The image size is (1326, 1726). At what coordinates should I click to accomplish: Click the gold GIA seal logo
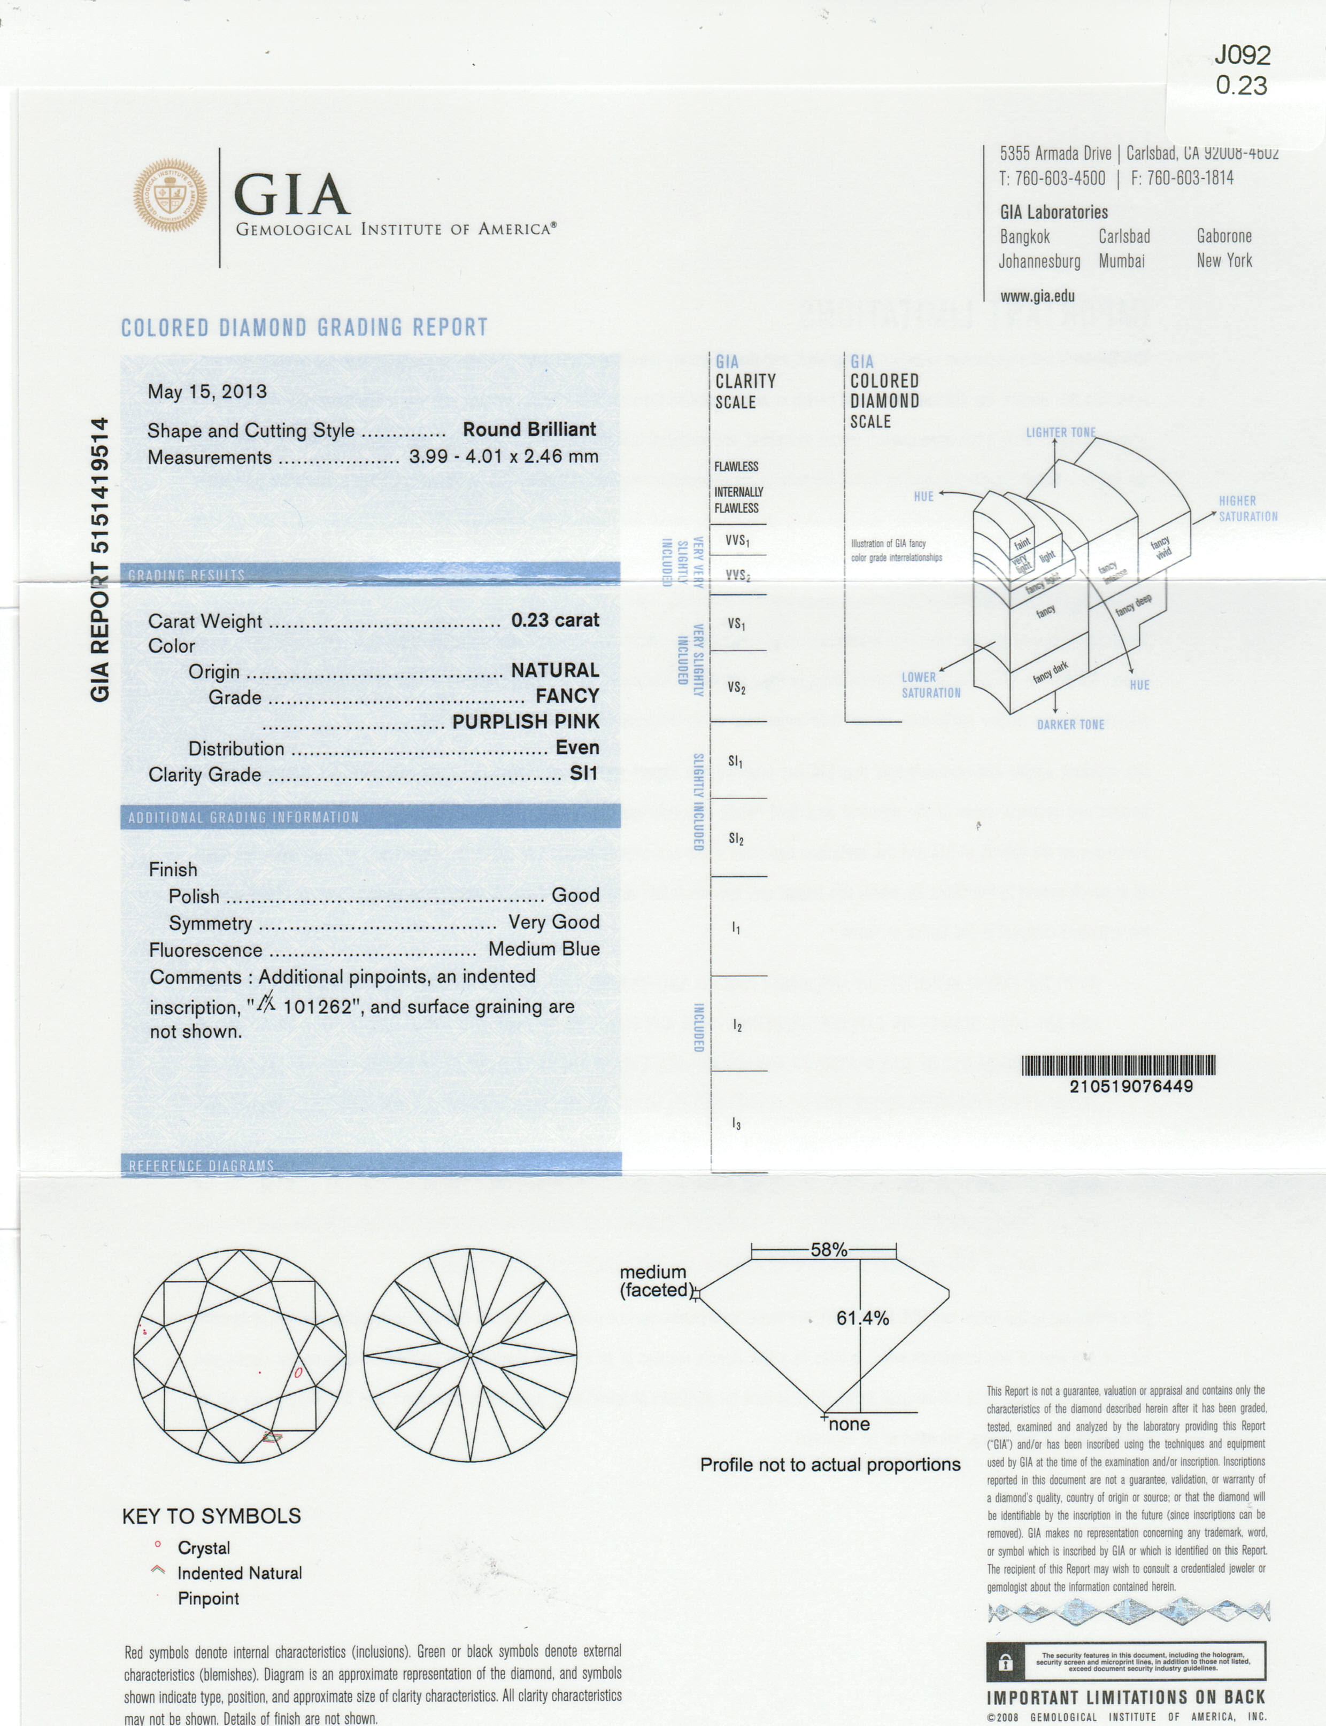point(169,195)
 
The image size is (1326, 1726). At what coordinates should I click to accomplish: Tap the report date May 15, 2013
point(207,391)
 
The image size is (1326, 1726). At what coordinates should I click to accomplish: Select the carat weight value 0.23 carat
point(555,620)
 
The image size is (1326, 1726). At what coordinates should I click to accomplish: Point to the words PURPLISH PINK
point(526,721)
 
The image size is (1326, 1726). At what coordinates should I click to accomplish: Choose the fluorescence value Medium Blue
point(544,948)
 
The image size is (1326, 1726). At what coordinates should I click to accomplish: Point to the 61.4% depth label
point(862,1318)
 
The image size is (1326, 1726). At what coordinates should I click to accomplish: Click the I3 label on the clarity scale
point(736,1124)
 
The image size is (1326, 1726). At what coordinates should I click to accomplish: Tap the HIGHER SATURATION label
point(1247,509)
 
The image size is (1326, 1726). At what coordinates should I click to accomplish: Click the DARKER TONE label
point(1070,724)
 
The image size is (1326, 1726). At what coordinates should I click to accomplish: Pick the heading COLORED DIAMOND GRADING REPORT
point(305,327)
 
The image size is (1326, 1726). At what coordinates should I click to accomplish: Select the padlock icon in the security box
point(1005,1663)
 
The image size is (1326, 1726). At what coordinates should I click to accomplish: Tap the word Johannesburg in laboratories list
point(1039,260)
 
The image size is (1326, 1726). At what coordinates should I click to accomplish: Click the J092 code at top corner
point(1243,55)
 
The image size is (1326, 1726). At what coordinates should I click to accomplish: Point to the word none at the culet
point(849,1424)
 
